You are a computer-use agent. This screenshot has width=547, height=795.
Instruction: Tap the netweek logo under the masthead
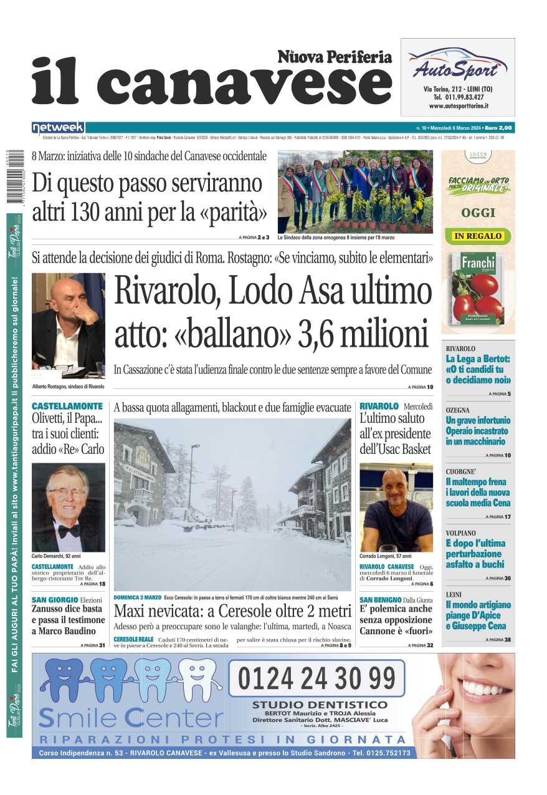[x=58, y=128]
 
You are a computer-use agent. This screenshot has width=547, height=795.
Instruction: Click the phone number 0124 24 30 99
[x=316, y=678]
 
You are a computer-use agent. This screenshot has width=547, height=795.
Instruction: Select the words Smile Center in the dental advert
[x=131, y=718]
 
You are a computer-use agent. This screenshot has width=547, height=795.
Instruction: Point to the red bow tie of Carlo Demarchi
[x=68, y=531]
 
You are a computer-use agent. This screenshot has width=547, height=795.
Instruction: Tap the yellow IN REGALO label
[x=478, y=236]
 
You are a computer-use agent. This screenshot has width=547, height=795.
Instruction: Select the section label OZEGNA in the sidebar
[x=458, y=410]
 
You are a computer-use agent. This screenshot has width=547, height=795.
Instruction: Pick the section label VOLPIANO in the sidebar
[x=461, y=533]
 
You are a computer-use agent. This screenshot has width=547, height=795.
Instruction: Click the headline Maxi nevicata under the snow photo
[x=232, y=609]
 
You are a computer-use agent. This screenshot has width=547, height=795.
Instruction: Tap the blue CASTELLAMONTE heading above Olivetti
[x=67, y=406]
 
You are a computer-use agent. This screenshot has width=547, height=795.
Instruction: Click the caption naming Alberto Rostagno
[x=68, y=387]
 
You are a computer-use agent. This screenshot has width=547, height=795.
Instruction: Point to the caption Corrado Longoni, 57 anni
[x=385, y=556]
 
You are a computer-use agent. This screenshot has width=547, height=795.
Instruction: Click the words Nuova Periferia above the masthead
[x=335, y=57]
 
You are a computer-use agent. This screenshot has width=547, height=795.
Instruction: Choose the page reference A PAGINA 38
[x=498, y=640]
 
